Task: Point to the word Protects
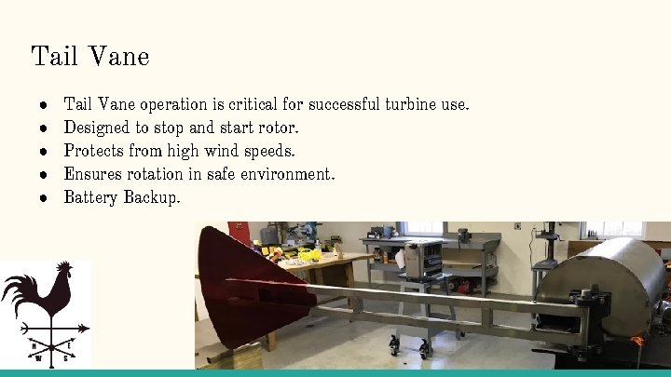click(93, 151)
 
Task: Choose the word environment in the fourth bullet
click(287, 174)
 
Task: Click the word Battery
click(90, 197)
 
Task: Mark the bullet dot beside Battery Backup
click(43, 197)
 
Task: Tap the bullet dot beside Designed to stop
click(43, 128)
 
